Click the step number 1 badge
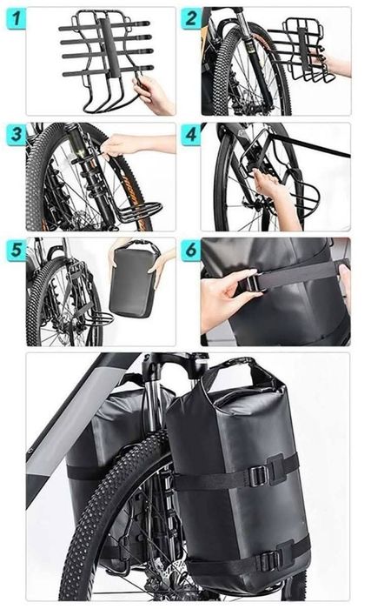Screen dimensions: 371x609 point(16,18)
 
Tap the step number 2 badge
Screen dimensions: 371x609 point(191,18)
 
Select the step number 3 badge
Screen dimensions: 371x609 point(16,135)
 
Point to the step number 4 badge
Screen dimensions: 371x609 point(191,135)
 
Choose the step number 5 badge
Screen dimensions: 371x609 point(16,250)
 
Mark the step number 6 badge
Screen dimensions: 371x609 point(191,250)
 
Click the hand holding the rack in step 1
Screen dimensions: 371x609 point(154,96)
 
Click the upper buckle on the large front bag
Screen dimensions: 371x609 point(258,475)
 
